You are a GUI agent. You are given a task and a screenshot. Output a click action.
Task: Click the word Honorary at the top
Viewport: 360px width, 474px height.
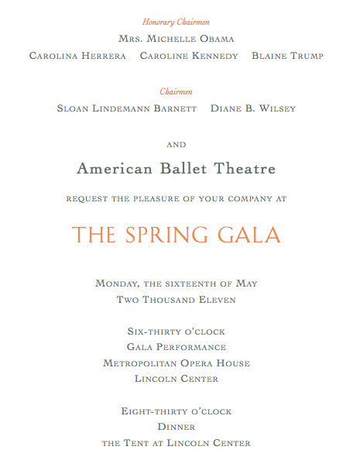[x=159, y=22]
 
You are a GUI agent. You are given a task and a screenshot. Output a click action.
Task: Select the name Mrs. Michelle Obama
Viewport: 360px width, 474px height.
[x=177, y=39]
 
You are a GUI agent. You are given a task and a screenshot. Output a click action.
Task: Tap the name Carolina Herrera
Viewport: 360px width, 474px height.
[x=77, y=56]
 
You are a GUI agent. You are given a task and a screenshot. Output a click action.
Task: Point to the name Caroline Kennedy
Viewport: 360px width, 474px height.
[x=189, y=56]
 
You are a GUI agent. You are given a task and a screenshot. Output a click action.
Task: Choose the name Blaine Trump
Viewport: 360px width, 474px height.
[x=287, y=56]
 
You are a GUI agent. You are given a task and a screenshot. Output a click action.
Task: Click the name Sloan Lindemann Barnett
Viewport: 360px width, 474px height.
[x=127, y=108]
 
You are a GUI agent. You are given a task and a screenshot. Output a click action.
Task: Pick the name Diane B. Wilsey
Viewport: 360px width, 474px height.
[x=253, y=108]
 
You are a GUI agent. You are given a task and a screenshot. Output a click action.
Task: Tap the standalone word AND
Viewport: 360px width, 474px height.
[x=177, y=144]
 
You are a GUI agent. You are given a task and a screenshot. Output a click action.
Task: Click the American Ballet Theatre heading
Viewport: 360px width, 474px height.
[x=177, y=168]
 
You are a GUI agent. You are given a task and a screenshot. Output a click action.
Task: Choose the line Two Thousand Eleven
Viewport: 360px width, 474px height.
[x=177, y=299]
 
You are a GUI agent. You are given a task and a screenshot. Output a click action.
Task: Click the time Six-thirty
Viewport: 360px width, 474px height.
[x=153, y=331]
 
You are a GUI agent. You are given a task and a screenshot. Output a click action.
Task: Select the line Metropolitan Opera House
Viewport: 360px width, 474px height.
[x=177, y=363]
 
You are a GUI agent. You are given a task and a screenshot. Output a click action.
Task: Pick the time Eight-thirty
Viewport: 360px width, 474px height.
[x=156, y=411]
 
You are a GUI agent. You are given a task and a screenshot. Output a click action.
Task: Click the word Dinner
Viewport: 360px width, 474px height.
[x=177, y=427]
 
